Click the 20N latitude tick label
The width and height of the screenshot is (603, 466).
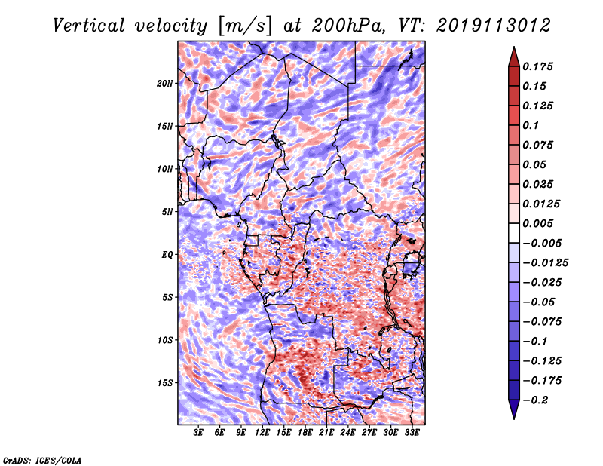[x=165, y=84]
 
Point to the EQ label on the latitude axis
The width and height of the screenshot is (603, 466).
[x=167, y=255]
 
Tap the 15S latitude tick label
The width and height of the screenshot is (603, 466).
[x=165, y=383]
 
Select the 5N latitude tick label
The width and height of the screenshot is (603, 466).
[x=167, y=212]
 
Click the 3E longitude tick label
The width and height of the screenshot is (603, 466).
[x=198, y=432]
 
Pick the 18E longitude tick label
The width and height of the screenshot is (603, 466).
[x=305, y=432]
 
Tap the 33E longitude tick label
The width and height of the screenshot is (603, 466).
[x=412, y=432]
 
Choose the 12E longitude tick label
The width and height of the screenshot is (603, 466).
[x=262, y=432]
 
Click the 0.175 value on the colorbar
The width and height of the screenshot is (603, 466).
[x=537, y=66]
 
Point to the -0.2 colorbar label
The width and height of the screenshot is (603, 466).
[x=536, y=400]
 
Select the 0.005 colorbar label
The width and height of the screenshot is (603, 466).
[x=537, y=223]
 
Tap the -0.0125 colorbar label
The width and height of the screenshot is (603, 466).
[x=545, y=263]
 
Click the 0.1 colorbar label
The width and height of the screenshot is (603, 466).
[x=531, y=125]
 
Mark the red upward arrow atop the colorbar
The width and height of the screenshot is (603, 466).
[x=514, y=57]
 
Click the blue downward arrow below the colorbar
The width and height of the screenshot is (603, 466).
[x=514, y=409]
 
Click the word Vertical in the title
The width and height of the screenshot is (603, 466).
[x=89, y=26]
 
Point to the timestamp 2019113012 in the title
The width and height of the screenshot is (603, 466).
[x=494, y=26]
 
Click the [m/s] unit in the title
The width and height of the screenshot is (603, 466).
[x=245, y=26]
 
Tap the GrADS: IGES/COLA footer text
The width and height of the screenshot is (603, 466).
[x=42, y=460]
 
